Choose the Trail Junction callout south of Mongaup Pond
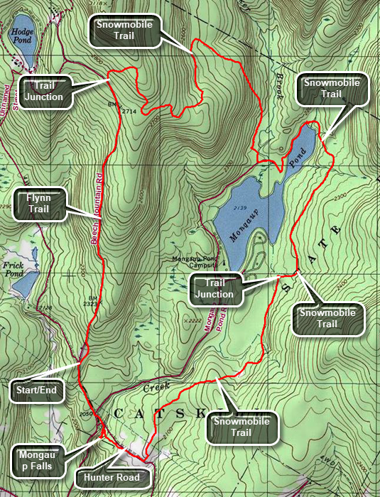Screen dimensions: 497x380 tap(215, 289)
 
